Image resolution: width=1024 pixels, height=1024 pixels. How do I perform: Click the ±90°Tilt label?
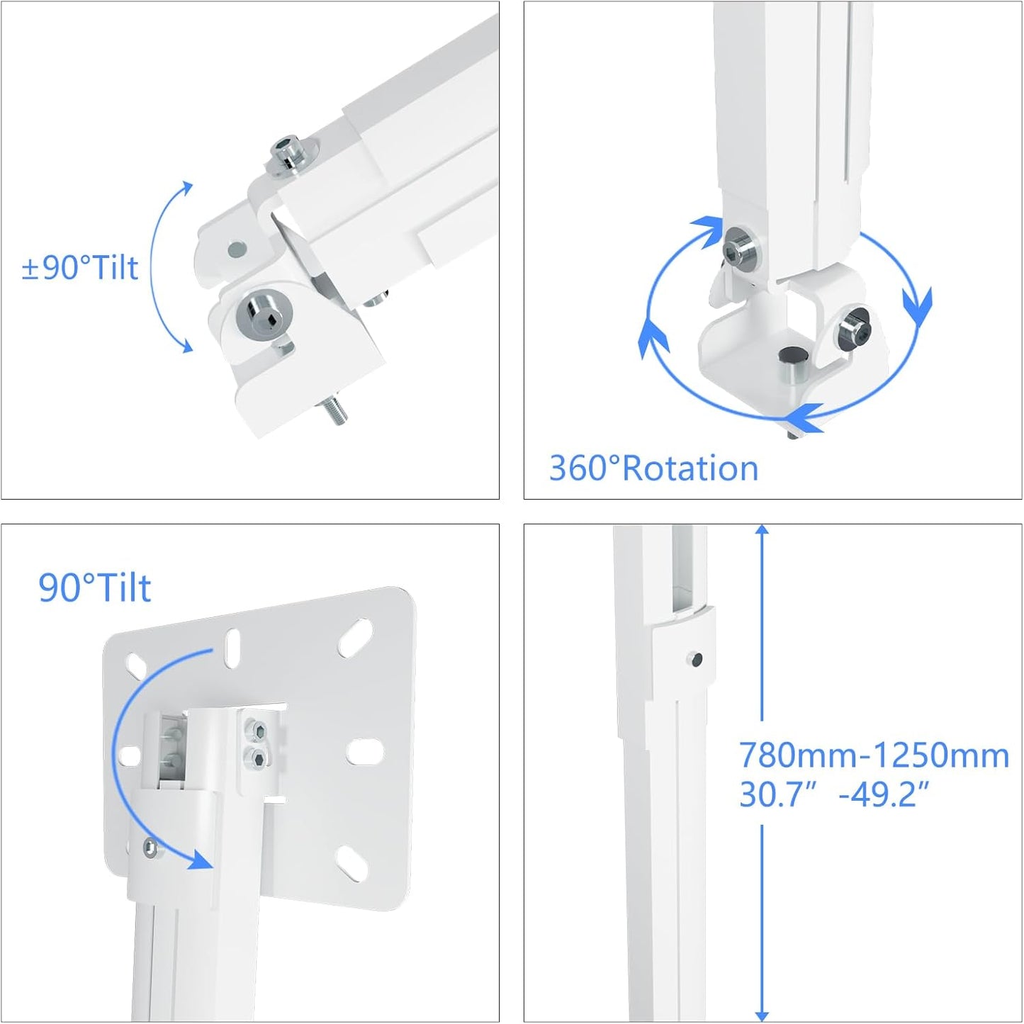coord(80,268)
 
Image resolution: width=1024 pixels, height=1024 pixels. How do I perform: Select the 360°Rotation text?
coord(653,468)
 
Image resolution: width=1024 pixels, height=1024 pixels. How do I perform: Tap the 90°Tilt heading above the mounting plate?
coord(94,588)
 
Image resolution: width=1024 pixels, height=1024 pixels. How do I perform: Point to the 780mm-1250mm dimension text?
coord(874,755)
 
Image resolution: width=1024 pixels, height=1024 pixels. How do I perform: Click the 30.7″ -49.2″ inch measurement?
coord(833,794)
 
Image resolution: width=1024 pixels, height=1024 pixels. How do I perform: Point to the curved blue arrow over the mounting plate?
coord(142,751)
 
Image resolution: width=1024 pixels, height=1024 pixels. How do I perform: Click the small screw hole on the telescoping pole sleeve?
coord(695,660)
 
